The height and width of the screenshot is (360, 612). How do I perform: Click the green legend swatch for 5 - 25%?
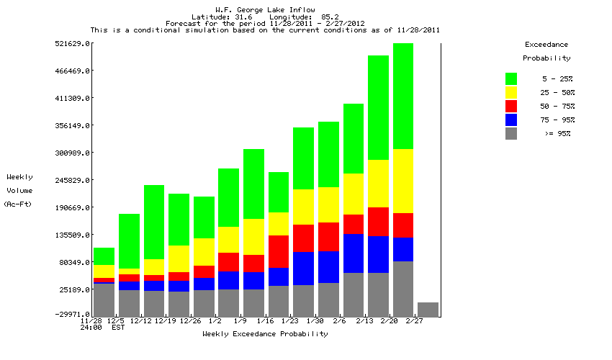point(511,78)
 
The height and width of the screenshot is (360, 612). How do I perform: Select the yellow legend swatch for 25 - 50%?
point(511,92)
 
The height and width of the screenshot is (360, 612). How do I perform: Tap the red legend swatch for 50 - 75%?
point(511,106)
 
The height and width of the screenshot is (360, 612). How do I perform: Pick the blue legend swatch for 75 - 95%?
point(511,120)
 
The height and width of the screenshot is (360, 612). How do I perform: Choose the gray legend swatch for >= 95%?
point(511,133)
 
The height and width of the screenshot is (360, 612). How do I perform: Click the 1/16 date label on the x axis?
point(266,321)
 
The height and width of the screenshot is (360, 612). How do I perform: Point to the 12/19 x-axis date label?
point(166,321)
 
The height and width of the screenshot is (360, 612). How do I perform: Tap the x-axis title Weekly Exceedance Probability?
point(265,334)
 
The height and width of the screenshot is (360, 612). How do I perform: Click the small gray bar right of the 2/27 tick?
point(428,310)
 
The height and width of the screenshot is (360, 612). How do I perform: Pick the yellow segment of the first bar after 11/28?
point(104,271)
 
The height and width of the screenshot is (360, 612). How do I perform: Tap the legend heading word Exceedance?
point(546,45)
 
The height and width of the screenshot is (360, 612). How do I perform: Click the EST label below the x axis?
point(117,328)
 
